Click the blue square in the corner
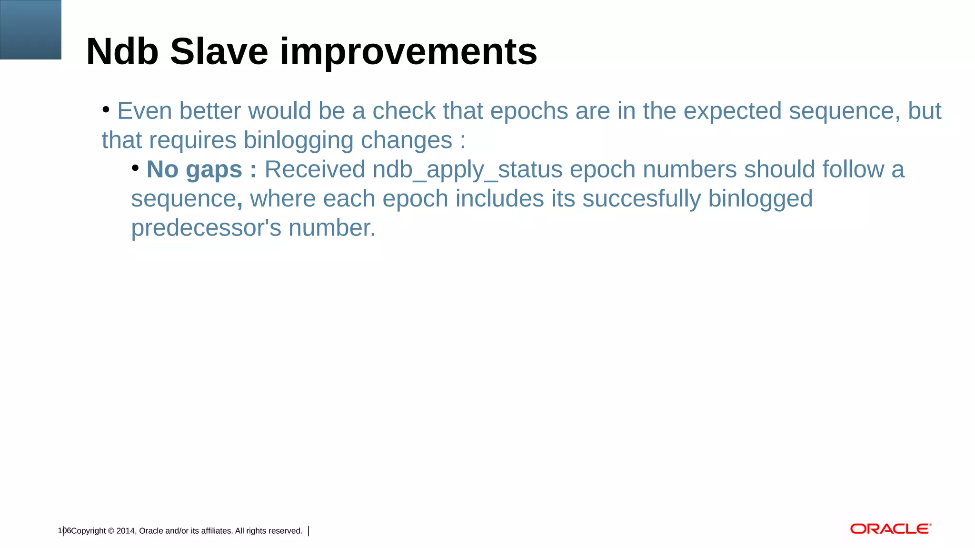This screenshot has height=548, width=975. (x=30, y=29)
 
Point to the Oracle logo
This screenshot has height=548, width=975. (x=890, y=529)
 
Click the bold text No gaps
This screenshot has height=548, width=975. (x=194, y=169)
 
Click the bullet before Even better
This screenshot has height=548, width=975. (x=106, y=110)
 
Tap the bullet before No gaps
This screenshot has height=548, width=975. (x=136, y=168)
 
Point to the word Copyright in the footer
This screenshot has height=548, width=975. (x=89, y=531)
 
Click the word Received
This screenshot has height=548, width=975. (x=315, y=169)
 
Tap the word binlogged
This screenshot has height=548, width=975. (x=760, y=199)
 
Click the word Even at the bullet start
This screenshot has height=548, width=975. (x=144, y=111)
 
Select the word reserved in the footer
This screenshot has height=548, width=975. (x=285, y=531)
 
